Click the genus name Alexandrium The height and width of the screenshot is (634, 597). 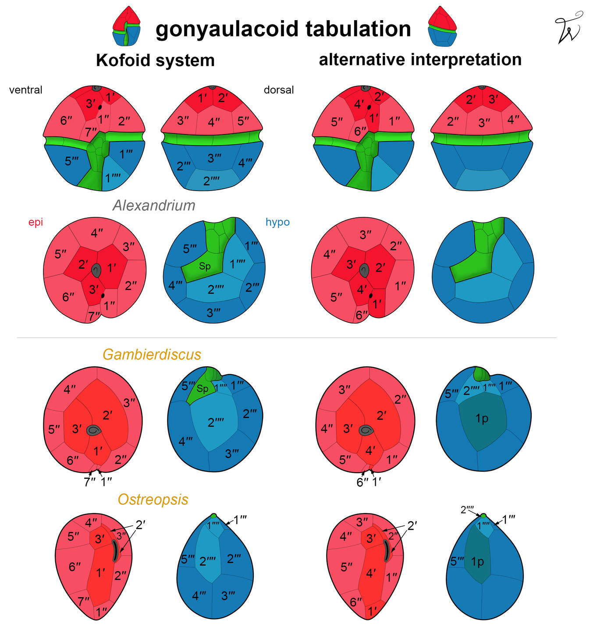click(154, 205)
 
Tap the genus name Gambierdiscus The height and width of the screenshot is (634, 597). click(152, 354)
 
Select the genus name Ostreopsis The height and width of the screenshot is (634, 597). click(153, 499)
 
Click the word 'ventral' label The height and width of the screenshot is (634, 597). click(26, 90)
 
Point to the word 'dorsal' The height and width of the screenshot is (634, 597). click(279, 90)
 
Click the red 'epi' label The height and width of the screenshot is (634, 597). click(36, 223)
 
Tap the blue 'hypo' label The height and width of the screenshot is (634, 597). click(277, 222)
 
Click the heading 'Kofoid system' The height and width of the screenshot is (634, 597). click(155, 60)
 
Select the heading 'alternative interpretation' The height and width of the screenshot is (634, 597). click(420, 60)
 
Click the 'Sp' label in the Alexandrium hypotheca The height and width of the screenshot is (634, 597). click(205, 266)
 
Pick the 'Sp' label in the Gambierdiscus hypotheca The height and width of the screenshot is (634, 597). click(202, 388)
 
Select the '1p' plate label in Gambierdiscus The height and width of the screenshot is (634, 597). click(482, 419)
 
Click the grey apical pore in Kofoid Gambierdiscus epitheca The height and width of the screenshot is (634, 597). click(94, 430)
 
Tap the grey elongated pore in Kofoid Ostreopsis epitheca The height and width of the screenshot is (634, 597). click(115, 551)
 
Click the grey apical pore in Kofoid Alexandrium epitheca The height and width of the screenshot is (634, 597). click(96, 270)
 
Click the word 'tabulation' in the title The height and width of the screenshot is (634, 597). click(358, 29)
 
